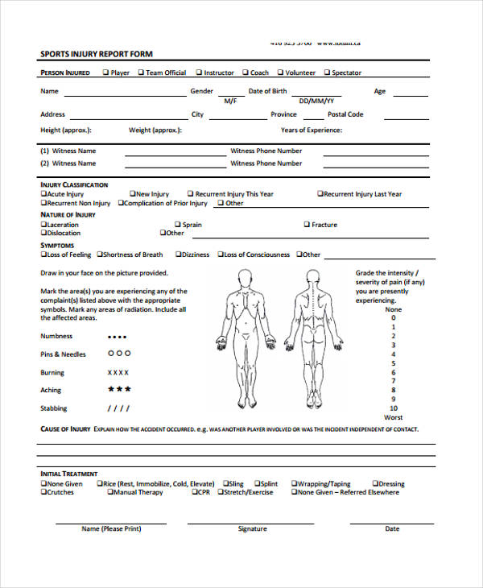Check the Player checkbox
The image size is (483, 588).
point(105,72)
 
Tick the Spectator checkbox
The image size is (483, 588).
point(328,72)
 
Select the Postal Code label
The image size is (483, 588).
point(345,114)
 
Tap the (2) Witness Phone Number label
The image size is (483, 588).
point(266,164)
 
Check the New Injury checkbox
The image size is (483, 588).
point(133,194)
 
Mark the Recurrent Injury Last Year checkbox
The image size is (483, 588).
point(320,194)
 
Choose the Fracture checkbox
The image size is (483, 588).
point(307,225)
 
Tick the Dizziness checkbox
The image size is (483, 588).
point(180,255)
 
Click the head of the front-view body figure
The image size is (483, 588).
point(241,276)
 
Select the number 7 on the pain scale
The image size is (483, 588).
point(394,380)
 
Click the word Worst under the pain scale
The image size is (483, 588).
point(394,417)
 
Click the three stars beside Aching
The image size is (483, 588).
point(119,390)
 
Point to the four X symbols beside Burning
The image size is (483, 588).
point(119,373)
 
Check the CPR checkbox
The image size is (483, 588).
point(193,492)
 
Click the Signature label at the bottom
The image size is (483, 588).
point(252,529)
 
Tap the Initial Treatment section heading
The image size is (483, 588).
point(69,474)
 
